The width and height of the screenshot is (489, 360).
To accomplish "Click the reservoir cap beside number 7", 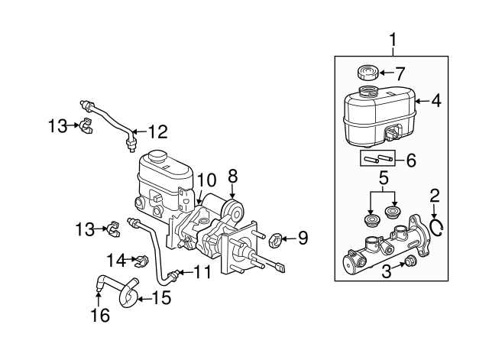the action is coord(368,73).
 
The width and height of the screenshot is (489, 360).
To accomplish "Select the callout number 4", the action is coord(436,101).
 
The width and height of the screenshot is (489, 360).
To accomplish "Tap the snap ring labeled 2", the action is coord(436,229).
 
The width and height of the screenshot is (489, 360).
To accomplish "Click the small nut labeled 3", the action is coord(410,261).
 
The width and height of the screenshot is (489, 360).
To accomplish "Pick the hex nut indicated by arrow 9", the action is coord(276,241).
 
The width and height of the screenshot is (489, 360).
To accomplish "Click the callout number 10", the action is coord(206,180).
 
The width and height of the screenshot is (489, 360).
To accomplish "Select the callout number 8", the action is coord(232,177).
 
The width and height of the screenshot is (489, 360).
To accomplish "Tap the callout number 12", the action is coord(158,131).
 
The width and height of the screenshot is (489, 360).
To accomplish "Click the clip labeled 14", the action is coord(141,261).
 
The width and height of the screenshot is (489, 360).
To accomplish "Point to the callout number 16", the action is coord(100,315).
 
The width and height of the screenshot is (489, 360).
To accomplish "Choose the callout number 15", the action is coord(161,298).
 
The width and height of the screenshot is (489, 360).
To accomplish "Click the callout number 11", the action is coord(202,272).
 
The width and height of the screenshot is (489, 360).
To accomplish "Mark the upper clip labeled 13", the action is coord(86,125).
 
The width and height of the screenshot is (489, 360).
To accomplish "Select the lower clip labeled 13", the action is coord(112,229).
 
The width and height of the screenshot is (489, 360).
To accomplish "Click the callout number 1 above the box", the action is coord(393,40).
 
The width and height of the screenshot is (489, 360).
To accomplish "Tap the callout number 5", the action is coord(384,178).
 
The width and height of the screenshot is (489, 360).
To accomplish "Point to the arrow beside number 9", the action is coord(289,239).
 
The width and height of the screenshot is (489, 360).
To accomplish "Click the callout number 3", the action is coord(387,271).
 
